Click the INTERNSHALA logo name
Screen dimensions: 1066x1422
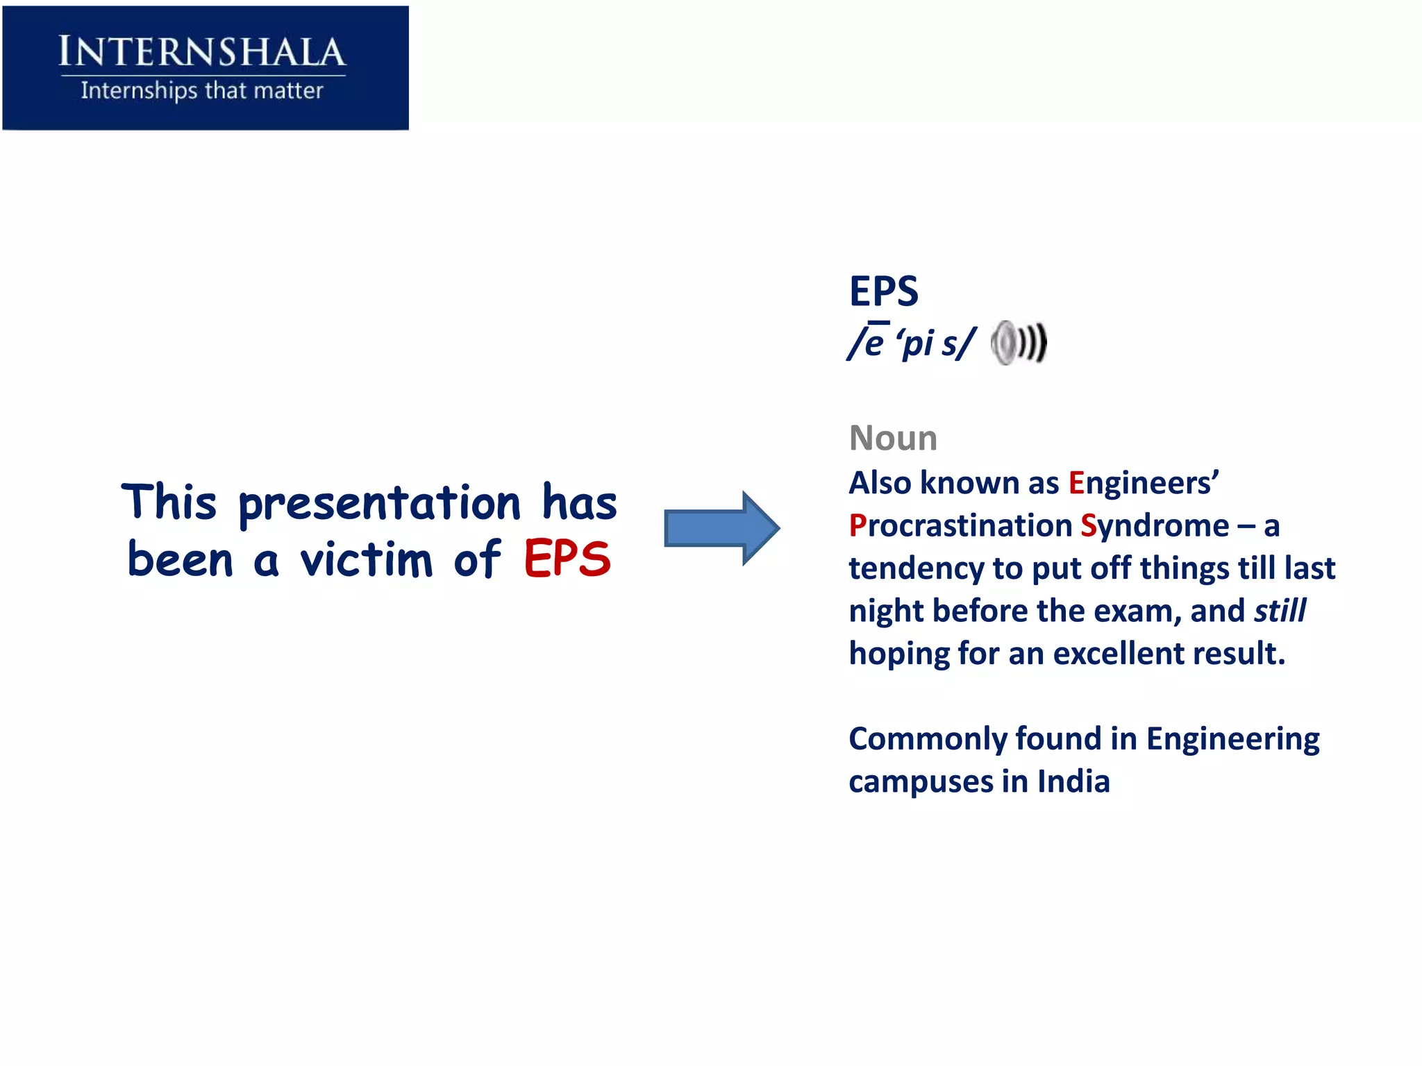[202, 52]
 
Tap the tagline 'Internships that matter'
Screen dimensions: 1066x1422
[202, 90]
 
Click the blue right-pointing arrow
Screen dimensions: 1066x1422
[721, 528]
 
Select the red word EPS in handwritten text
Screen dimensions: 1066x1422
[567, 559]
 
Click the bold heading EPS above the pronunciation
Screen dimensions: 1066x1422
[883, 291]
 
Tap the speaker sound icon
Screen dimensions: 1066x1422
[1018, 343]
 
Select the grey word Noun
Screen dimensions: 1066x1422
[893, 438]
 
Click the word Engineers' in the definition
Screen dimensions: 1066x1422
[1143, 483]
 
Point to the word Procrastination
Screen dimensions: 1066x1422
[960, 526]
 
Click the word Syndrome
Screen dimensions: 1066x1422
[1154, 526]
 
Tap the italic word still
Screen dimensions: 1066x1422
[1280, 611]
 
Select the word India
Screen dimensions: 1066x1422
[1073, 781]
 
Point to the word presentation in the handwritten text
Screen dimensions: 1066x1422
[379, 505]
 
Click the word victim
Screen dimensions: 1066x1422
[367, 559]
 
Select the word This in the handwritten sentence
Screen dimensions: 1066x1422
[169, 502]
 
